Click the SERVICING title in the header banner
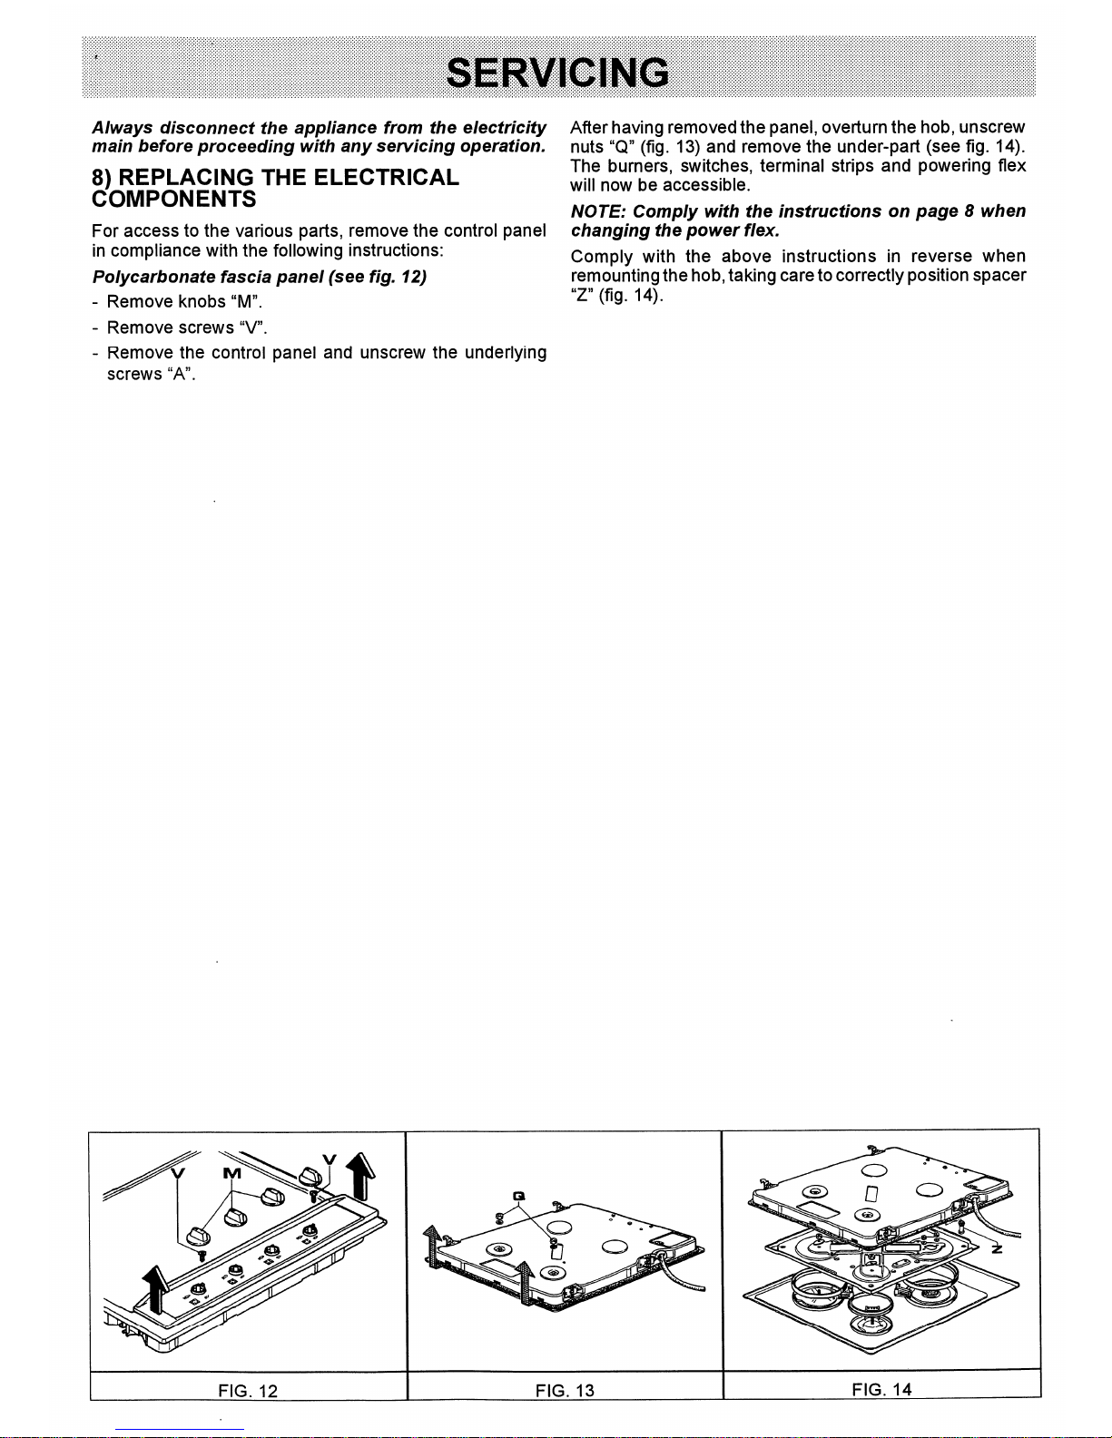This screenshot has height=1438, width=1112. click(557, 73)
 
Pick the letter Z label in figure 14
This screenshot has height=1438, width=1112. click(996, 1249)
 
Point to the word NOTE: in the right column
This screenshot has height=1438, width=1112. click(599, 211)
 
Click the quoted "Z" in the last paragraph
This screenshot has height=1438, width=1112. click(581, 295)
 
